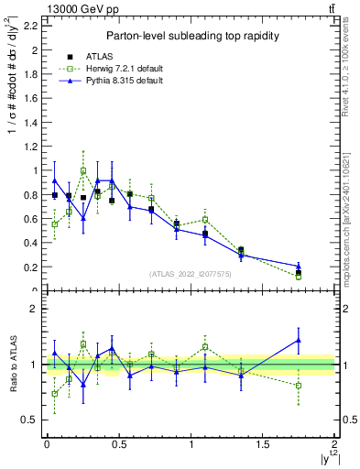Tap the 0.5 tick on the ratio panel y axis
pyautogui.click(x=29, y=420)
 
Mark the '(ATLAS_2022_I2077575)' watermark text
pyautogui.click(x=190, y=274)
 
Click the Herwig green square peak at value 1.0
pyautogui.click(x=83, y=170)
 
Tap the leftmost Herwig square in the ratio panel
pyautogui.click(x=55, y=394)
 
